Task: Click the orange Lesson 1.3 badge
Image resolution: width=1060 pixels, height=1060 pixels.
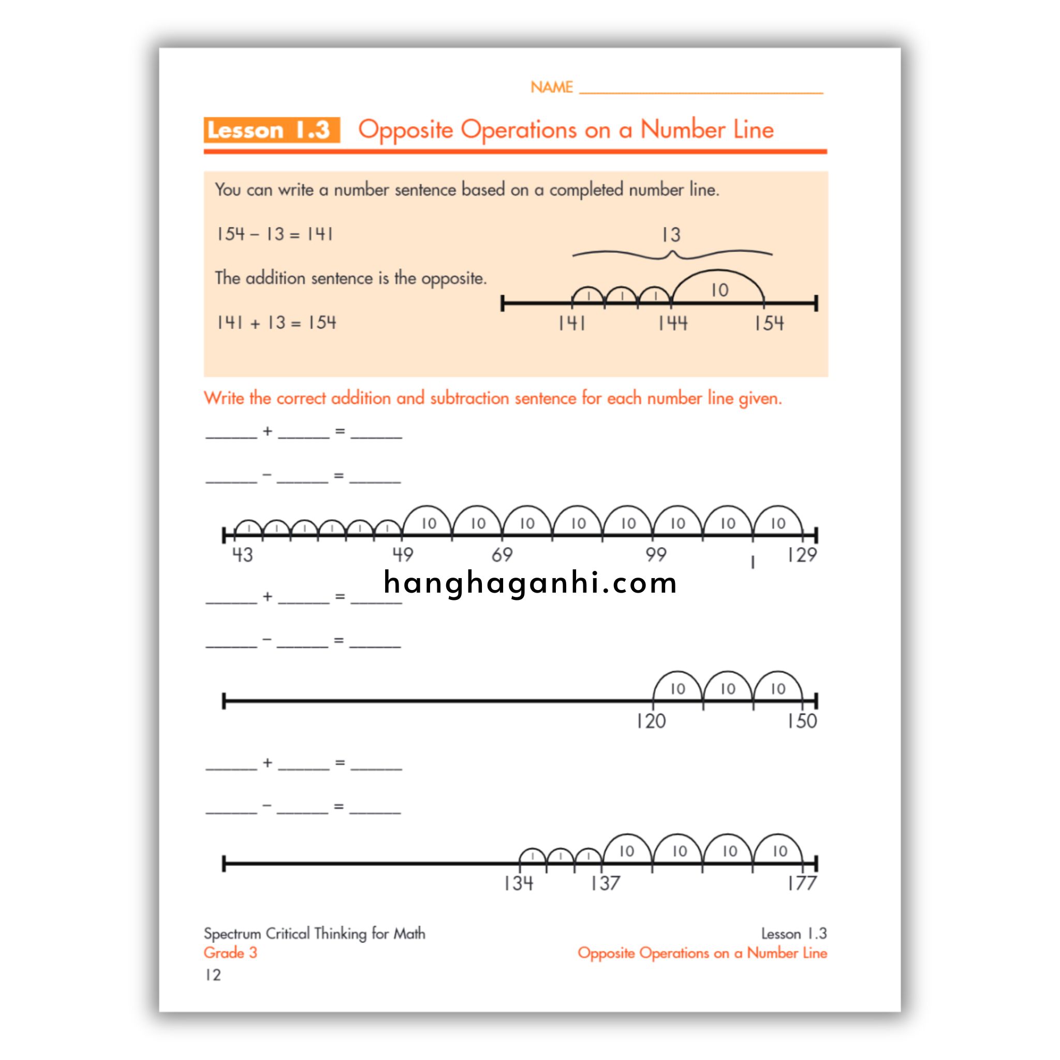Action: (271, 130)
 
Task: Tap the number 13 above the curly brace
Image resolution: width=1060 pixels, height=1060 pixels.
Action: (670, 235)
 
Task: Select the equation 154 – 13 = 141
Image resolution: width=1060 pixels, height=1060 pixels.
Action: (274, 234)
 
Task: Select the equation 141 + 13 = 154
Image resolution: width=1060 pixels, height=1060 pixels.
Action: (276, 322)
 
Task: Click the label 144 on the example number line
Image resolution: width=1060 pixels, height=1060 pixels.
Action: (673, 323)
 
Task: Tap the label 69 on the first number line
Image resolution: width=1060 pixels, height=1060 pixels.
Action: (502, 555)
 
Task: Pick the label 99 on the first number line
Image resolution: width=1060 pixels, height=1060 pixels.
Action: (656, 555)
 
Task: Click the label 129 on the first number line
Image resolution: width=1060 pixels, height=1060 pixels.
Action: (802, 555)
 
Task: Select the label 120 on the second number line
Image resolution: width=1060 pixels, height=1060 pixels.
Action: (651, 721)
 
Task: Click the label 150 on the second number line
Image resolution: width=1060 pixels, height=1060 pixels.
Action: (802, 721)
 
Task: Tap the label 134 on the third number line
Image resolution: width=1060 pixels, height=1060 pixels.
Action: (518, 884)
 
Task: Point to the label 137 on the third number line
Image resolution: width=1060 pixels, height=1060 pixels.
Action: (605, 884)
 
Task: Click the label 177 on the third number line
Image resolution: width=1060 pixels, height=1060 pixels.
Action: (802, 884)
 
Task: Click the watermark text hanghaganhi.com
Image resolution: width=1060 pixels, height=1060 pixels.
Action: (530, 583)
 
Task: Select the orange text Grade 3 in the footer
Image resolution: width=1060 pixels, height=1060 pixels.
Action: (230, 952)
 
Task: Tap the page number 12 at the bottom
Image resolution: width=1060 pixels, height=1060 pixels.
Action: (213, 975)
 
